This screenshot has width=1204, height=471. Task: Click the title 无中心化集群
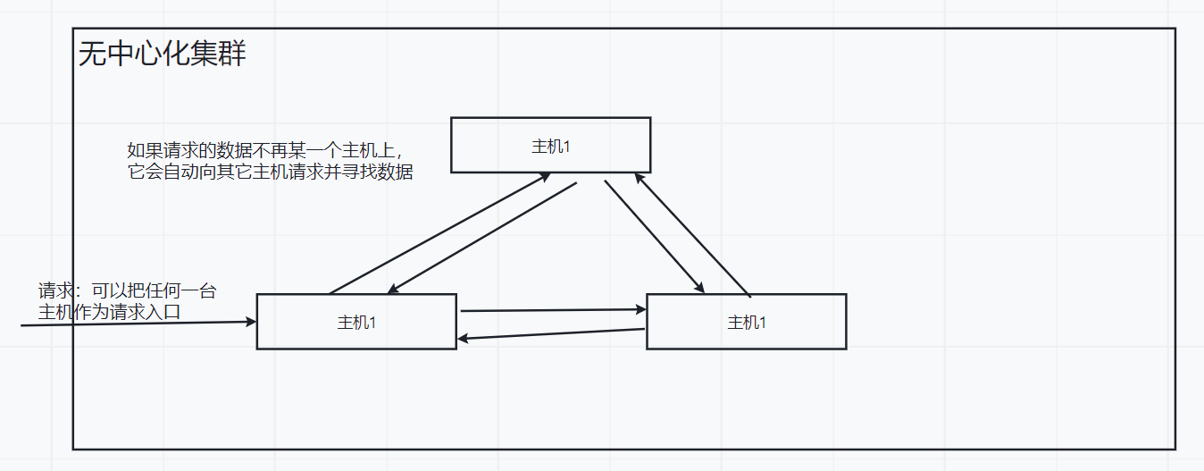162,55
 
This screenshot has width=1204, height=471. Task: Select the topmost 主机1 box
550,145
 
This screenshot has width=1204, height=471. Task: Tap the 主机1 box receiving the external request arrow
356,322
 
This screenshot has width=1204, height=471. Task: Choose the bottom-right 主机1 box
746,322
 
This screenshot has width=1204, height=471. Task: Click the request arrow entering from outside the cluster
134,324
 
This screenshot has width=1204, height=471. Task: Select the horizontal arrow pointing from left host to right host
552,310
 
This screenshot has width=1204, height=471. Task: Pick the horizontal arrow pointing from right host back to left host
550,333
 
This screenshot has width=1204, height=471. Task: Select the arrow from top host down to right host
655,237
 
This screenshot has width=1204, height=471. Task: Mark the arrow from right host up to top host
692,234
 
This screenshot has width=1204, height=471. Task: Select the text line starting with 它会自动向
270,172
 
